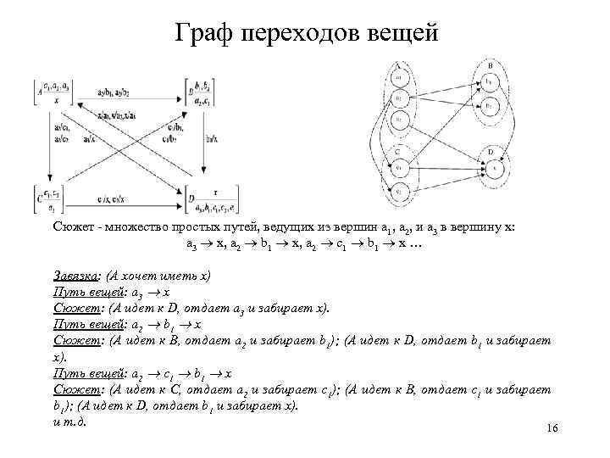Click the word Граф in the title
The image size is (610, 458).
tap(206, 34)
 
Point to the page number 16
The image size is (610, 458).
tap(552, 429)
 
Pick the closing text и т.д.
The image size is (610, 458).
tap(71, 422)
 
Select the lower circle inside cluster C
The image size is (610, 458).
tap(398, 191)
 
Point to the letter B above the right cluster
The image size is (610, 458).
tap(491, 64)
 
